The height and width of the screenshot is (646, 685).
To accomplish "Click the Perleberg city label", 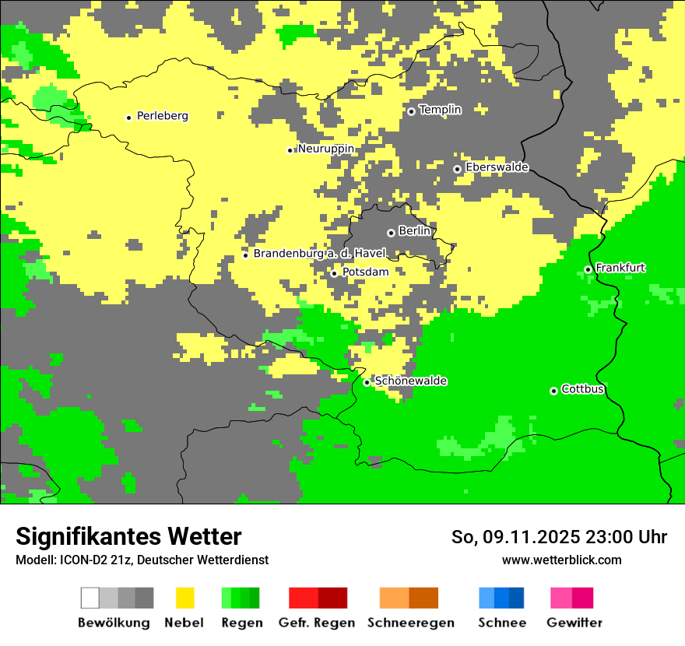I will [x=162, y=116].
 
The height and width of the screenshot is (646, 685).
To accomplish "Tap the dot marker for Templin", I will [x=411, y=111].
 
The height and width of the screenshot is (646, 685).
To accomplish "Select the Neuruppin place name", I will [x=326, y=149].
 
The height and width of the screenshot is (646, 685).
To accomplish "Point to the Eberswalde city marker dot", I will [x=457, y=169].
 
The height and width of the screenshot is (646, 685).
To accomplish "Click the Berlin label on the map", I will [x=414, y=231].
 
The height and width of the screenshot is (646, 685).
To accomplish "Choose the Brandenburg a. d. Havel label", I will [x=320, y=254].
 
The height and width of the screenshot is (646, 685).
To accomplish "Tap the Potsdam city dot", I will [x=334, y=273].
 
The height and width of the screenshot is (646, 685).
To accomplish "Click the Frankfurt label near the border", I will [x=620, y=268].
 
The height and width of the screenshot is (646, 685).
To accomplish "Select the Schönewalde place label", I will [x=410, y=381].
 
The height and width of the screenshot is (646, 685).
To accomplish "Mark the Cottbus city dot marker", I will [x=553, y=391].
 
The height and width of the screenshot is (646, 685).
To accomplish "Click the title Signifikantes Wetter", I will [x=128, y=537].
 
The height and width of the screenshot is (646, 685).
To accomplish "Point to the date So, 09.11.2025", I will [x=515, y=537].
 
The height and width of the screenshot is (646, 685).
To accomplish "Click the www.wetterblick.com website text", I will [x=561, y=560].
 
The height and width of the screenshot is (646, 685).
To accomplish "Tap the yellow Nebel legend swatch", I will [x=184, y=598].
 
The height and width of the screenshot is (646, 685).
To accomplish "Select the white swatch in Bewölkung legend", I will [x=90, y=598].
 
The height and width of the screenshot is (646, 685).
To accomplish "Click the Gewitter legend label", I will [x=574, y=623].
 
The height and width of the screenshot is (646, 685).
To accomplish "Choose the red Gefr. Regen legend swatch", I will [x=303, y=598].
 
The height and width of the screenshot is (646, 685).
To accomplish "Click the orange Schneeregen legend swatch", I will [x=394, y=598].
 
